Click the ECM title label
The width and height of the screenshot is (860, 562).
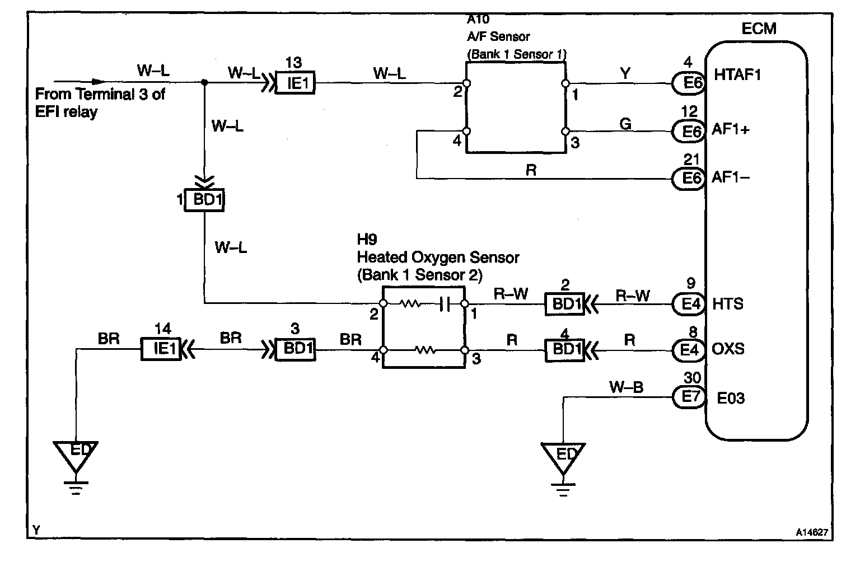[x=759, y=29]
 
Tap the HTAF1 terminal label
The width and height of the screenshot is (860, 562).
[x=737, y=75]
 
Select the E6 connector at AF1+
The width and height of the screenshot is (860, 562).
[x=689, y=132]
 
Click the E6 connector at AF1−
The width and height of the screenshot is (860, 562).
[x=689, y=179]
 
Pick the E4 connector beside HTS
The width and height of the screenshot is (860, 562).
[x=689, y=305]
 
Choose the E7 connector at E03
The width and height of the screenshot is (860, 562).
[x=689, y=397]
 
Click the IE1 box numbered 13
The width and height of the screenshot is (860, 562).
[x=296, y=82]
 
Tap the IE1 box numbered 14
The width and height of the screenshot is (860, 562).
[x=161, y=349]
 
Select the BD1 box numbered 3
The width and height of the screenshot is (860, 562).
[x=296, y=349]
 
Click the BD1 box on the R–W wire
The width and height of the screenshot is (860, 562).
[x=564, y=305]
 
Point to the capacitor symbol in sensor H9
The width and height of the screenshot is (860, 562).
[x=445, y=305]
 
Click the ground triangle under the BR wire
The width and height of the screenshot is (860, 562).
[x=76, y=457]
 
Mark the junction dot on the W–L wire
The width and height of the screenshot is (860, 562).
[x=204, y=82]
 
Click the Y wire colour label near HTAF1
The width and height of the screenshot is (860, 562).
[x=625, y=73]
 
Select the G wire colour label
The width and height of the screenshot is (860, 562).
[x=625, y=124]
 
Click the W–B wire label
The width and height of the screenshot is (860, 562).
[x=626, y=387]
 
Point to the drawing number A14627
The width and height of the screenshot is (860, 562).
[x=812, y=532]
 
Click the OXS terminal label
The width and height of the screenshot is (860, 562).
[x=728, y=349]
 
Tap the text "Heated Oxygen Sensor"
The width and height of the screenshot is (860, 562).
[x=438, y=257]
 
